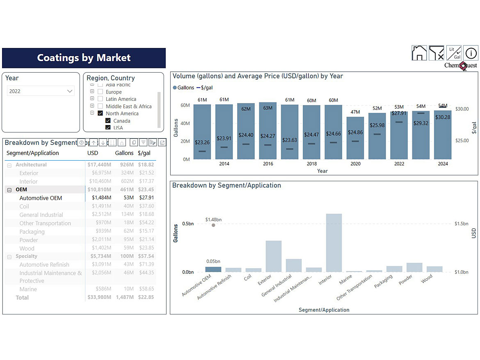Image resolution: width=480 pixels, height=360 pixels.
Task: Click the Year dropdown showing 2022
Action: [41, 91]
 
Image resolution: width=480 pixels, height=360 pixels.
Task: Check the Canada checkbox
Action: [108, 121]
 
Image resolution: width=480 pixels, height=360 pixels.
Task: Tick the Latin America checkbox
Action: [100, 99]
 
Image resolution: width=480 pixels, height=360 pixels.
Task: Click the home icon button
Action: [419, 53]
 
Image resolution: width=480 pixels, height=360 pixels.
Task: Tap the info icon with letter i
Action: [471, 53]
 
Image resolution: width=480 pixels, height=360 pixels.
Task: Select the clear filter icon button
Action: [437, 53]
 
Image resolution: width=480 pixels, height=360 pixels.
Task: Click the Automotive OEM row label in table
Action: [41, 198]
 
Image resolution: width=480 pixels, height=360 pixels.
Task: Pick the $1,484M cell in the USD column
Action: [101, 198]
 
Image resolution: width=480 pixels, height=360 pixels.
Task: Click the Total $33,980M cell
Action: [99, 298]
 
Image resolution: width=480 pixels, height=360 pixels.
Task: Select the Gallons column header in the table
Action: [124, 153]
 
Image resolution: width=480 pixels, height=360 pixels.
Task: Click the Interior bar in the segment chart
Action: [334, 243]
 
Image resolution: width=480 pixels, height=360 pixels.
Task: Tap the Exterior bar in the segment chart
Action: [274, 256]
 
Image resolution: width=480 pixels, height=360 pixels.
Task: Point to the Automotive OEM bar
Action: [213, 269]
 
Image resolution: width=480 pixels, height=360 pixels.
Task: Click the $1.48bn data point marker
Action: [213, 225]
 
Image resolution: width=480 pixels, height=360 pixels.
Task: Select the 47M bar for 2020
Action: [355, 138]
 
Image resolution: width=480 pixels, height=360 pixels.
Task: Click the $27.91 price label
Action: [399, 113]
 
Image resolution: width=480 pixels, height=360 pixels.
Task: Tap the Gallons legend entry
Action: [183, 88]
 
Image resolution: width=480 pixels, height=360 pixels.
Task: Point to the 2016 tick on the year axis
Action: [268, 164]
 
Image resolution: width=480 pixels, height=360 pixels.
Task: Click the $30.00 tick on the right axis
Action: [462, 109]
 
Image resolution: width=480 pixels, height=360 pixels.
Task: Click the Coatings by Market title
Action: [84, 58]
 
